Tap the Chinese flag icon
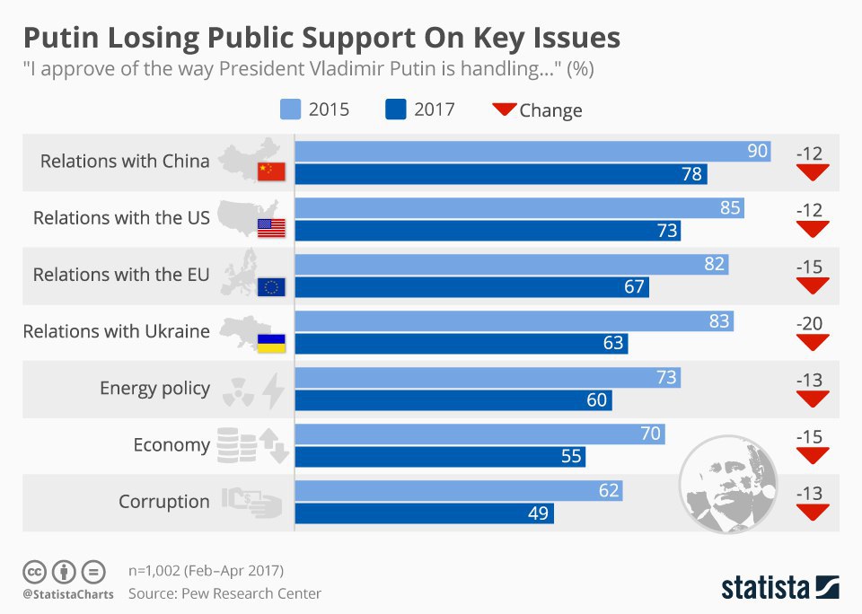coord(270,171)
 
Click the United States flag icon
coord(270,228)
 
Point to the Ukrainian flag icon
coord(270,342)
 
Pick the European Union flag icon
coord(270,285)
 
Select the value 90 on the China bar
coord(758,151)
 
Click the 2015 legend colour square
coord(289,110)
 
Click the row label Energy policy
coord(154,389)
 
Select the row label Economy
coord(171,445)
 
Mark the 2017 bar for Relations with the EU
coord(471,286)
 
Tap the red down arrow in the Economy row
coord(812,455)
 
